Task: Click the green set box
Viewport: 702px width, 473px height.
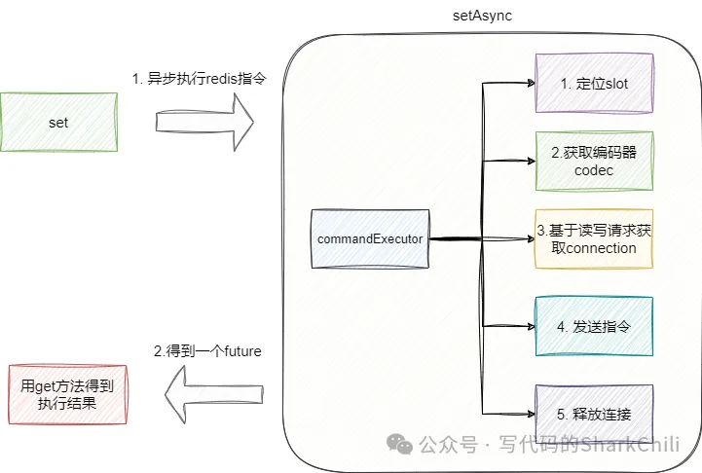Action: [57, 123]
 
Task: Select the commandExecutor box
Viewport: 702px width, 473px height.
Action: [370, 238]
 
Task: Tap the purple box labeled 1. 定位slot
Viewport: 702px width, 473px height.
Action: [593, 84]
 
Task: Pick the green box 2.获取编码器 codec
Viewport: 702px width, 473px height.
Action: [593, 160]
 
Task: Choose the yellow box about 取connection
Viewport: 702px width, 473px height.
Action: [593, 239]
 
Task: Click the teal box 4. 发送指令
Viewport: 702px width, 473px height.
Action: [593, 326]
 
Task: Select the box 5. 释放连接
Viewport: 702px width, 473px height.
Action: [593, 414]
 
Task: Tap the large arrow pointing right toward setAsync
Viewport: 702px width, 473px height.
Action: [204, 122]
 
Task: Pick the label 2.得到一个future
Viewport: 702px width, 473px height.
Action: [207, 350]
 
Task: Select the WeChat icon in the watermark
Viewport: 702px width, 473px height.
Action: [399, 444]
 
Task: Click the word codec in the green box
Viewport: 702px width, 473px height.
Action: [593, 170]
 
